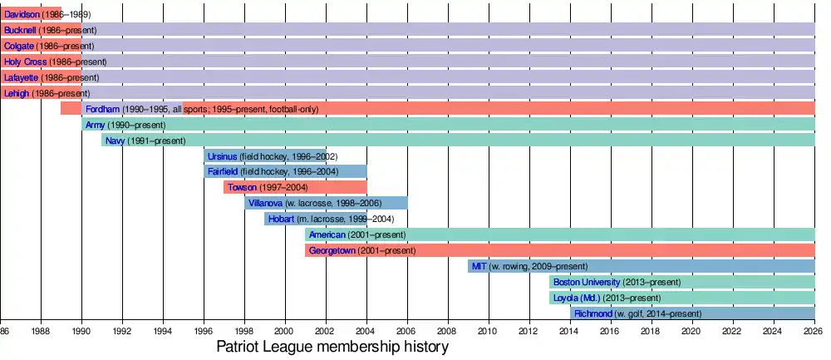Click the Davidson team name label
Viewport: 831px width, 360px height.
21,15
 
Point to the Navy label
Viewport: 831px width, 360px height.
115,141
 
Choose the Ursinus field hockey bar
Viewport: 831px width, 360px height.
265,156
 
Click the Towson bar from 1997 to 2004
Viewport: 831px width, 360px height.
295,188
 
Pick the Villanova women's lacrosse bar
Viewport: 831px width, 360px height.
326,204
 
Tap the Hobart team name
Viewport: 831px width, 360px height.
281,219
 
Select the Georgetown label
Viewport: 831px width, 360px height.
332,250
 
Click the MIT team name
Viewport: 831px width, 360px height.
479,266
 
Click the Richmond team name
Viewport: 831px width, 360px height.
593,313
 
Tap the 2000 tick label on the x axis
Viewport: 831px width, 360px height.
285,330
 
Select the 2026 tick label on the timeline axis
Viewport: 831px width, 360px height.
814,330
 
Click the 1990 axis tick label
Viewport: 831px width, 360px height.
81,330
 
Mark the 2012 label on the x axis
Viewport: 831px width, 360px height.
529,330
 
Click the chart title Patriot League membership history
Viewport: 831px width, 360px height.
332,347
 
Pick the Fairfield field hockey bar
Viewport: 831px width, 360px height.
285,172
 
